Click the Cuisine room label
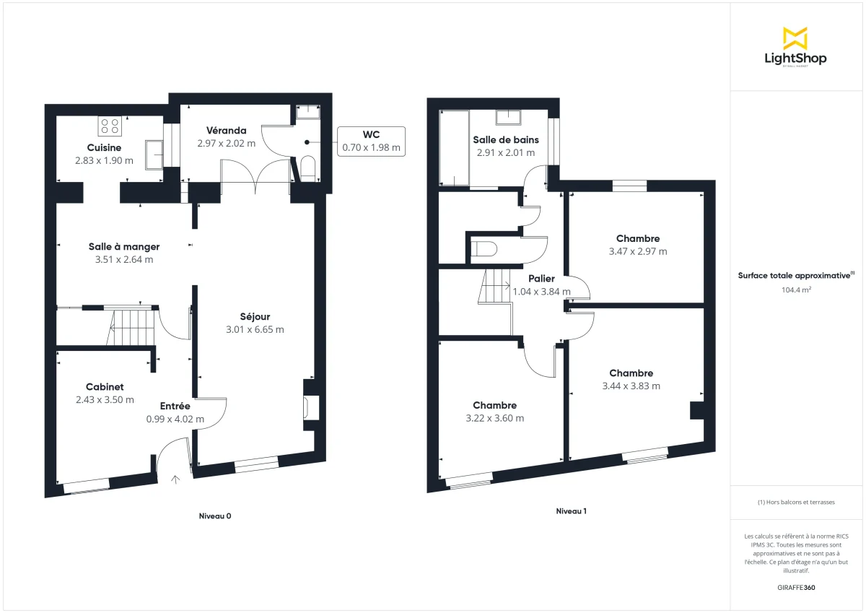point(104,148)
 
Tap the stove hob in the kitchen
point(110,126)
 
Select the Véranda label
point(226,131)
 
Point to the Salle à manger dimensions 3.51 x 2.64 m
point(123,260)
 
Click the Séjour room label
point(255,316)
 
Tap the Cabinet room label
point(105,387)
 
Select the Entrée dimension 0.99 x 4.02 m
point(175,419)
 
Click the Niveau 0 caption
point(215,516)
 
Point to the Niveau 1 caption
point(571,511)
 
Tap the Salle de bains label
point(505,140)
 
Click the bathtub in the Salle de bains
point(454,148)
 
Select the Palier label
point(541,279)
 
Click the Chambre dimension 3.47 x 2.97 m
point(637,252)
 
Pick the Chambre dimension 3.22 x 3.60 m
point(494,418)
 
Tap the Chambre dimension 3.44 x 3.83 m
point(631,386)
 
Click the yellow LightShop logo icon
point(795,38)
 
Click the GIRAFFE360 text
point(797,588)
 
